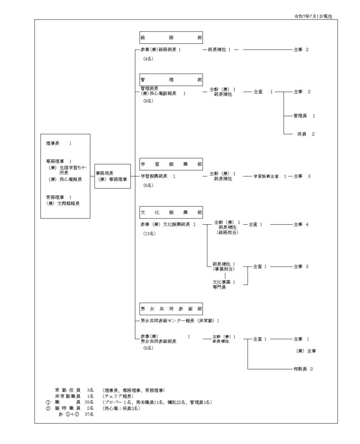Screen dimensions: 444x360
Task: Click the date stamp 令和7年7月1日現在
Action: point(316,16)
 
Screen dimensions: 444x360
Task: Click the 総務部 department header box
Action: point(171,38)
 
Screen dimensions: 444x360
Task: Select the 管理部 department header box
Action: point(171,80)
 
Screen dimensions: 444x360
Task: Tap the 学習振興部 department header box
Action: point(171,164)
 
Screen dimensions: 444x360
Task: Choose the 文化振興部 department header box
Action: point(171,212)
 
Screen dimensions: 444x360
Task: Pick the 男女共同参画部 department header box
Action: point(171,309)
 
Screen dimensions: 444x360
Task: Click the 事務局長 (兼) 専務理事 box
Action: point(112,176)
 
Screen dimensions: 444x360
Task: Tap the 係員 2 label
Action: point(305,134)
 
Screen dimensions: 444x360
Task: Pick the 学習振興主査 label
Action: point(268,176)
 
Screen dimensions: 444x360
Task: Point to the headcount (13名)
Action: point(150,233)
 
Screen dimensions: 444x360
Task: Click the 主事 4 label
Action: point(301,224)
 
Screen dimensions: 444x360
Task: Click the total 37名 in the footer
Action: point(90,414)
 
